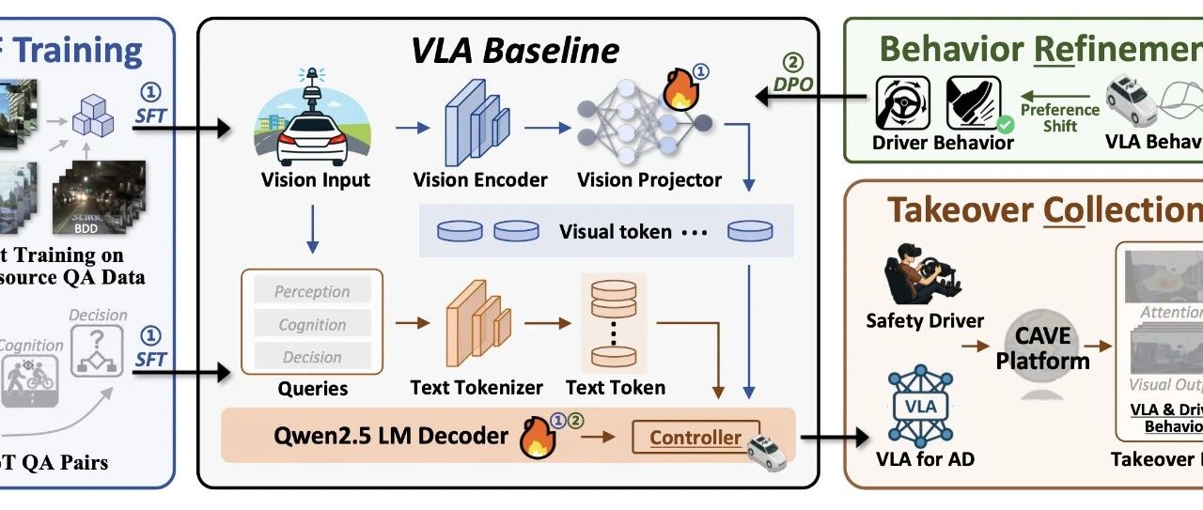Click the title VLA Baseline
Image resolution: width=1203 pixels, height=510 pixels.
tap(515, 49)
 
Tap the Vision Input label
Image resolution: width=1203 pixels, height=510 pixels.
tap(316, 180)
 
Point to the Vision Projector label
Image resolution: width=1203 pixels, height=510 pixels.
tap(649, 180)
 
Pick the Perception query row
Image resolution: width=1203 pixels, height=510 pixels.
tap(312, 292)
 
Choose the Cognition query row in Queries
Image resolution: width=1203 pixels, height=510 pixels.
tap(312, 325)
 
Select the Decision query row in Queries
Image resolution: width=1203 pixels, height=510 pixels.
tap(312, 357)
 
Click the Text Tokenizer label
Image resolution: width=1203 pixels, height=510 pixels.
tap(477, 387)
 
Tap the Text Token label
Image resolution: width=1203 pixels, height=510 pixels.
tap(616, 387)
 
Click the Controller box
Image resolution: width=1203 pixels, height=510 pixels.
tap(695, 437)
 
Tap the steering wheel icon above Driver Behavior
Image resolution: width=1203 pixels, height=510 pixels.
tap(903, 104)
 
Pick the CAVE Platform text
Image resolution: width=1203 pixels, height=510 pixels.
tap(1043, 349)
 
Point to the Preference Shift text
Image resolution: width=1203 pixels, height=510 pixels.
tap(1060, 117)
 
